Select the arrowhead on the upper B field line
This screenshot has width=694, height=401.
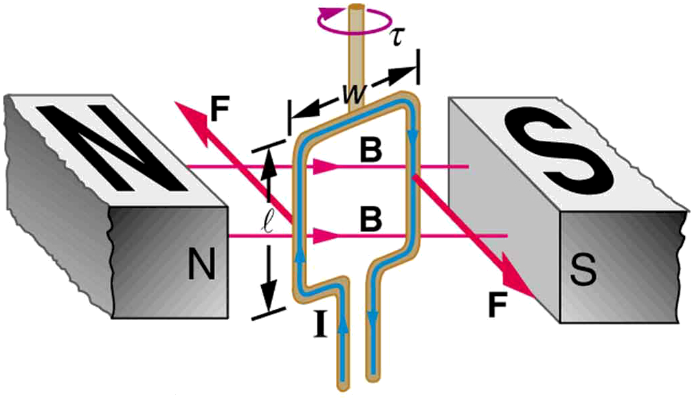[x=324, y=167]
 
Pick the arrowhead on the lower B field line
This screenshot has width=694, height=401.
[x=324, y=236]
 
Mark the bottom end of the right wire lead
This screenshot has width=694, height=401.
[x=372, y=378]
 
